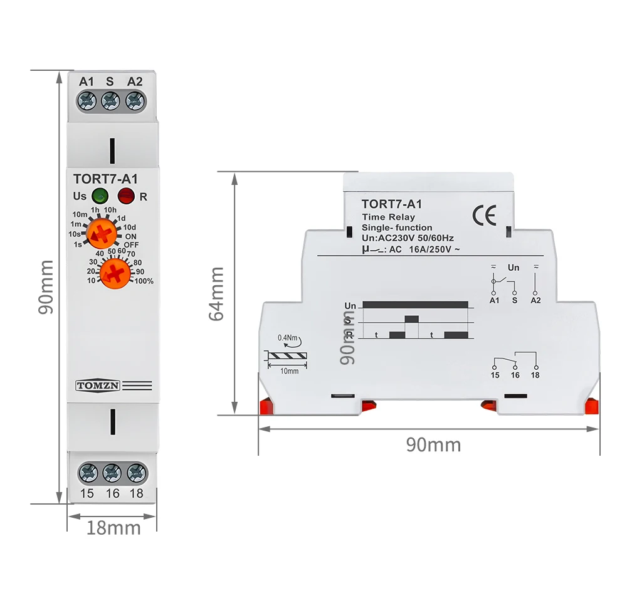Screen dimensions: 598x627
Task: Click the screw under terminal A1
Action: coord(88,100)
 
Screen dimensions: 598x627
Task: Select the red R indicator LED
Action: coord(126,196)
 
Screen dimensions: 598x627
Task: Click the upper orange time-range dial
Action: coord(101,234)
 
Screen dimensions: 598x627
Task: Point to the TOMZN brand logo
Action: coord(97,385)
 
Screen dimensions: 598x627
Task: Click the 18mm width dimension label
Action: coord(113,528)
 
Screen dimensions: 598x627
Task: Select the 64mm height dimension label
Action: coord(216,293)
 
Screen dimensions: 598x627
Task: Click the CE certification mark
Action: coord(485,215)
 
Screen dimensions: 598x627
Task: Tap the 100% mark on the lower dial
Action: coord(144,281)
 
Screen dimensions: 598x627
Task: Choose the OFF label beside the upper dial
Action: coord(130,244)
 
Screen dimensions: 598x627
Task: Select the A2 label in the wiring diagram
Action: coord(535,301)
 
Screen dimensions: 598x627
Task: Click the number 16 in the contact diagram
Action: coord(515,375)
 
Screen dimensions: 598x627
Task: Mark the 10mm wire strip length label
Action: coord(289,370)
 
